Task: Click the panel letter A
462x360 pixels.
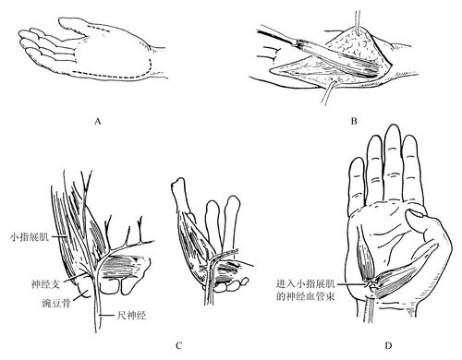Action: click(x=98, y=121)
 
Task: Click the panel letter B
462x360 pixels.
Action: click(x=354, y=121)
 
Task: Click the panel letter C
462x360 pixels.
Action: click(x=179, y=345)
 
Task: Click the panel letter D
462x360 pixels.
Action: click(x=388, y=345)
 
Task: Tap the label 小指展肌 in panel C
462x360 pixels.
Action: click(x=30, y=237)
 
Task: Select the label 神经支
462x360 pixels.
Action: click(x=45, y=283)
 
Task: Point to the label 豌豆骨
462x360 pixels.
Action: click(x=56, y=303)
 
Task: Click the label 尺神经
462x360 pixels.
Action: click(x=131, y=315)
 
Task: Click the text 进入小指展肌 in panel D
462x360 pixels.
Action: click(x=306, y=283)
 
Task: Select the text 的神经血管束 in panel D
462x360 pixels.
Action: click(x=306, y=296)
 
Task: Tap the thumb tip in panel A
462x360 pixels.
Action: click(x=60, y=21)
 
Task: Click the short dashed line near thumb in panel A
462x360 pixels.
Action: click(x=98, y=30)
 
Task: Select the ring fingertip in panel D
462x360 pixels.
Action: click(x=374, y=138)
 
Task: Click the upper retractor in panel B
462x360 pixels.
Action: click(x=358, y=22)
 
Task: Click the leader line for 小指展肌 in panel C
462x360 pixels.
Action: click(x=58, y=236)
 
